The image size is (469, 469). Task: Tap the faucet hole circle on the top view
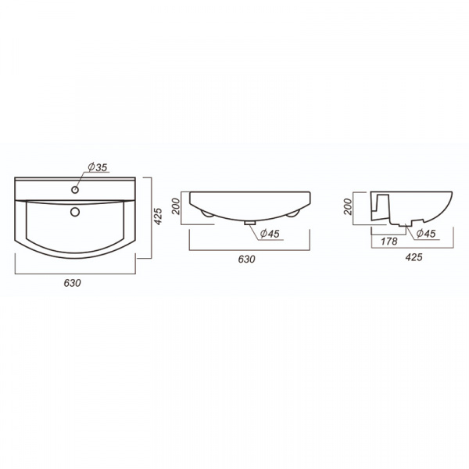click(76, 188)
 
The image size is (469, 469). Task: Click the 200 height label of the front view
click(177, 206)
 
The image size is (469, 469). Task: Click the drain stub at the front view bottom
click(250, 222)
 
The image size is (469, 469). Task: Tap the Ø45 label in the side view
click(425, 234)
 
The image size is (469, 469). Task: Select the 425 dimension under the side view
click(414, 257)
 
